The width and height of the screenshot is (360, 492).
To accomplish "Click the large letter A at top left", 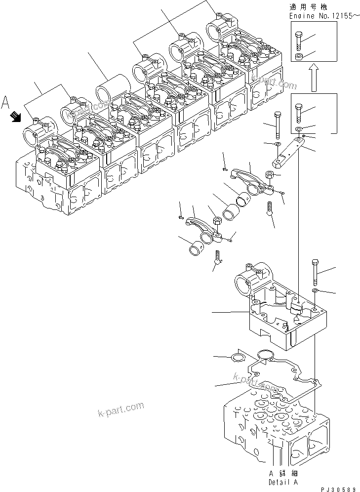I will [6, 102].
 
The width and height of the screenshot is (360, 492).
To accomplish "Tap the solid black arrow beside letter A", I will [16, 117].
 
